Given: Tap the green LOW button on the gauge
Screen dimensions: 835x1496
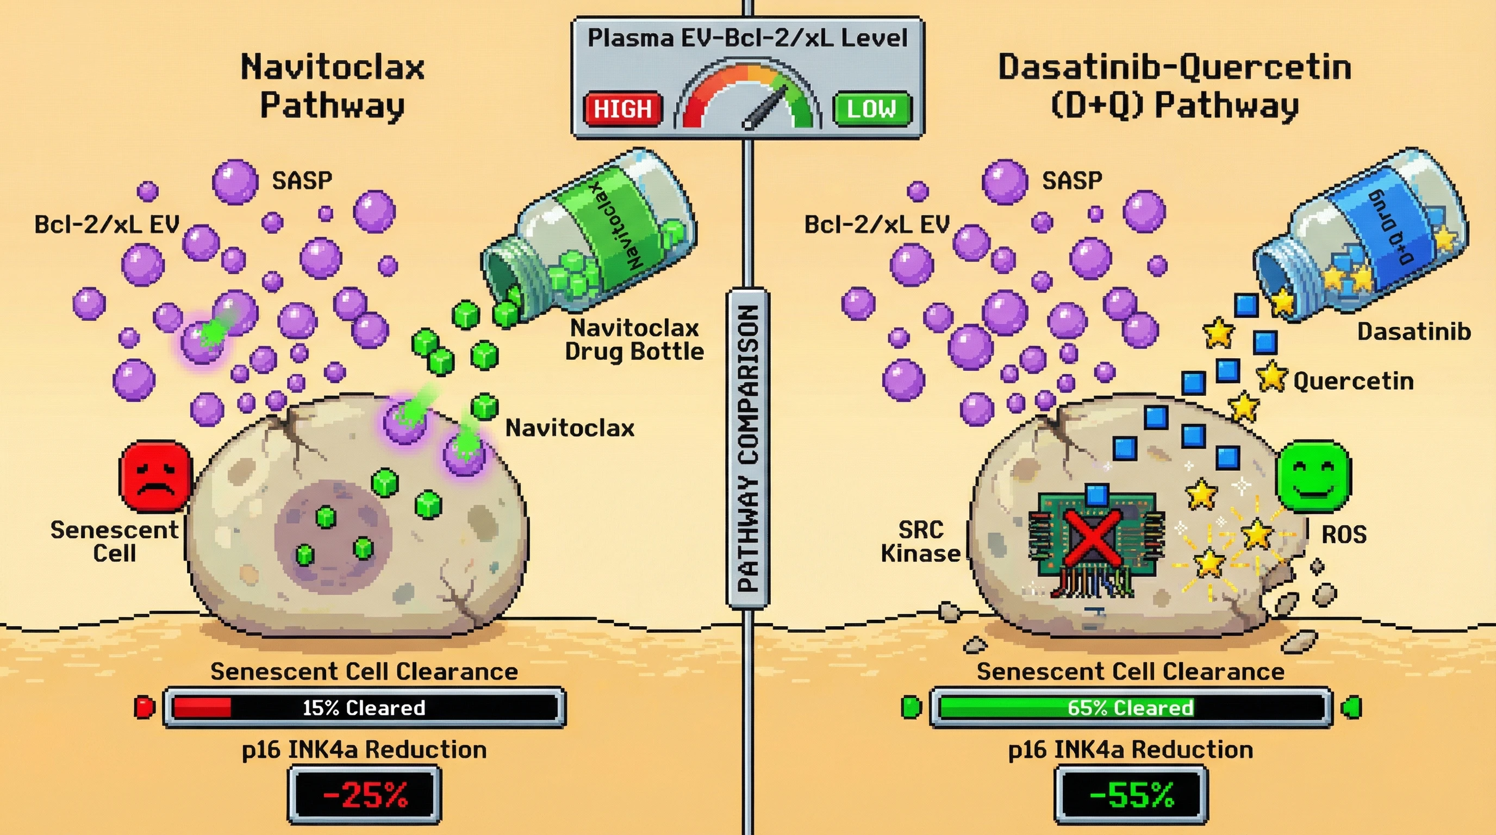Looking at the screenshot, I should pyautogui.click(x=872, y=109).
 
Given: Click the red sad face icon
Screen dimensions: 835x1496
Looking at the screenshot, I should pyautogui.click(x=155, y=476).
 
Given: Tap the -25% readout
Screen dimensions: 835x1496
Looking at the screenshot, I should pyautogui.click(x=365, y=795).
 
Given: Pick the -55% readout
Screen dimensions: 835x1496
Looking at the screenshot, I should pyautogui.click(x=1131, y=795).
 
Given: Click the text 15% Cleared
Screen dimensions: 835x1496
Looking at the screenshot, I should pyautogui.click(x=364, y=708).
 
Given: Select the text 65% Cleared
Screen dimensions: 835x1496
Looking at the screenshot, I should pyautogui.click(x=1130, y=708).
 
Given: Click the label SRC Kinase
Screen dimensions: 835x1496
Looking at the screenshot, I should pyautogui.click(x=920, y=542).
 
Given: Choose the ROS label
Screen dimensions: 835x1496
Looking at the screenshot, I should pyautogui.click(x=1344, y=534).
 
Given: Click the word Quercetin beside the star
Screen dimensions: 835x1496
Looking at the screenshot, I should pyautogui.click(x=1353, y=382).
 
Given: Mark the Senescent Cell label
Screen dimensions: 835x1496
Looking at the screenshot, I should pyautogui.click(x=114, y=542).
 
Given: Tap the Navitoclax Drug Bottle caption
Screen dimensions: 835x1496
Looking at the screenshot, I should pyautogui.click(x=634, y=340).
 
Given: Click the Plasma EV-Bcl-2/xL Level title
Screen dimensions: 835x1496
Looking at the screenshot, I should pyautogui.click(x=747, y=38).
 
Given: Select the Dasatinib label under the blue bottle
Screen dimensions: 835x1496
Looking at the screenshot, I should pyautogui.click(x=1413, y=332).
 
